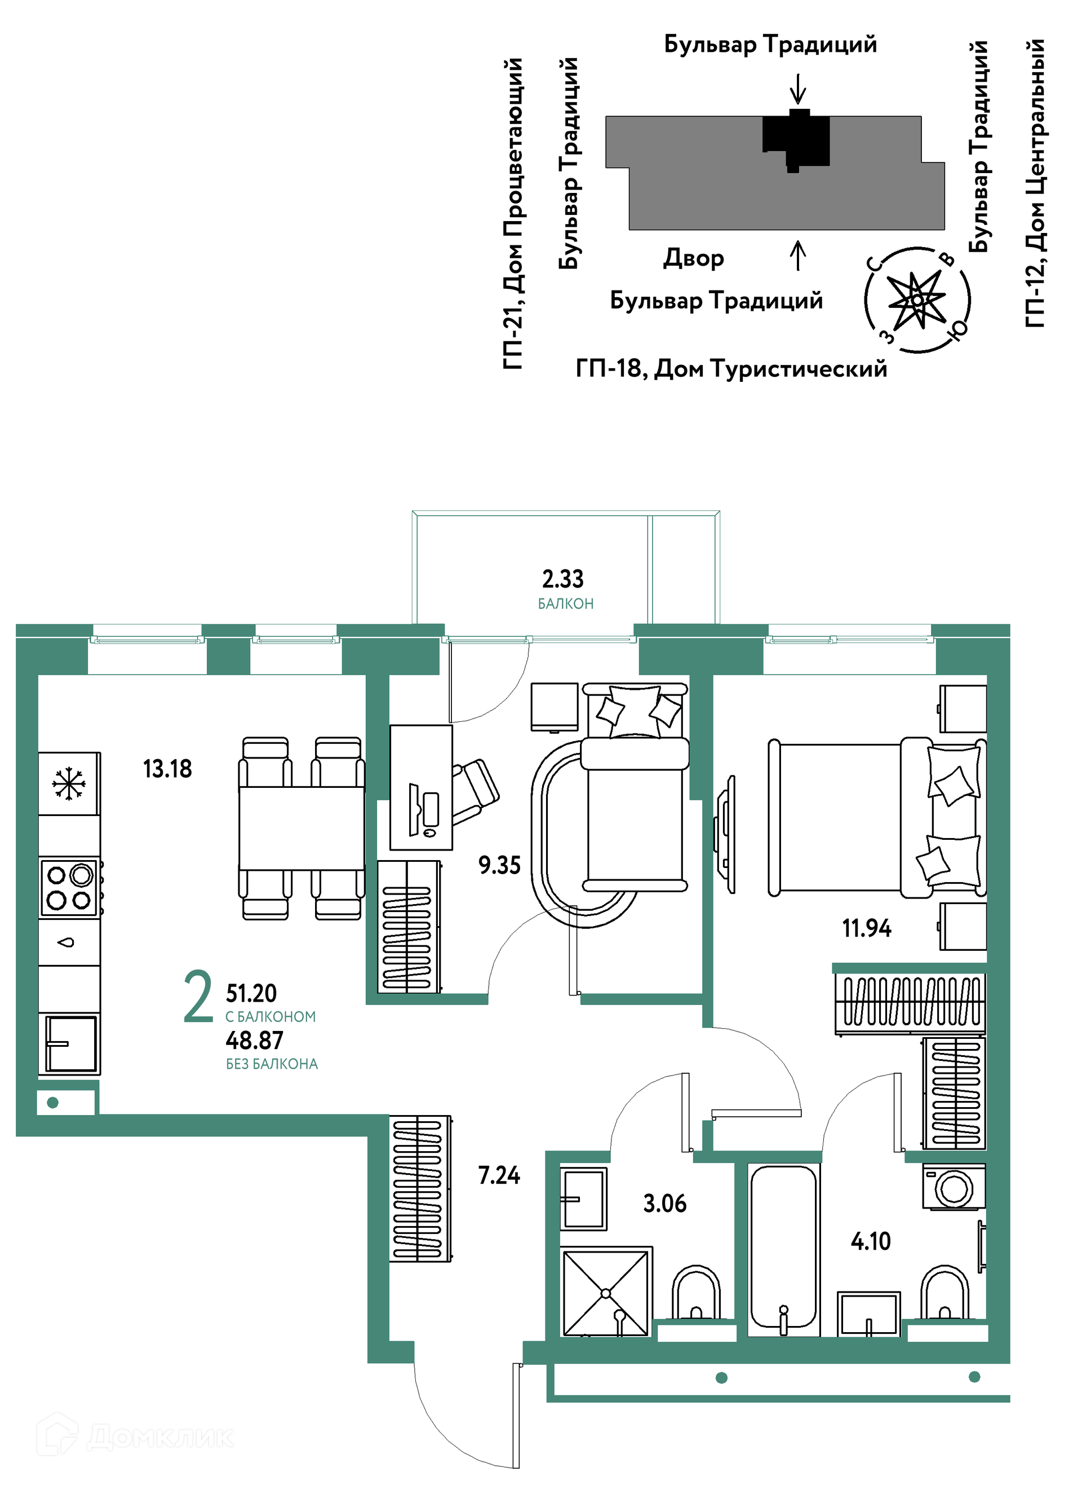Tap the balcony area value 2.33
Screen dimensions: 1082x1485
point(562,579)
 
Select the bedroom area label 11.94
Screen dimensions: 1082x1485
point(867,928)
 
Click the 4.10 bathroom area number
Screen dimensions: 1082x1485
point(871,1241)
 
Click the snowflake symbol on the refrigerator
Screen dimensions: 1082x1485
point(69,785)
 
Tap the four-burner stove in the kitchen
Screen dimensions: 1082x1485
point(69,887)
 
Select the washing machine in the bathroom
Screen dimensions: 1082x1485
point(954,1186)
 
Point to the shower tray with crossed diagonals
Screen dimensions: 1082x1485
point(606,1292)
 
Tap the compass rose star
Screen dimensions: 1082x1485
point(917,300)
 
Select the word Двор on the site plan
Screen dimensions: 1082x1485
point(694,259)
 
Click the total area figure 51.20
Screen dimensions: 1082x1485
point(251,994)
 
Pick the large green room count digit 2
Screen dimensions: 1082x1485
point(198,996)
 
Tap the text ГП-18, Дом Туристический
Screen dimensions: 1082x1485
point(731,369)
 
